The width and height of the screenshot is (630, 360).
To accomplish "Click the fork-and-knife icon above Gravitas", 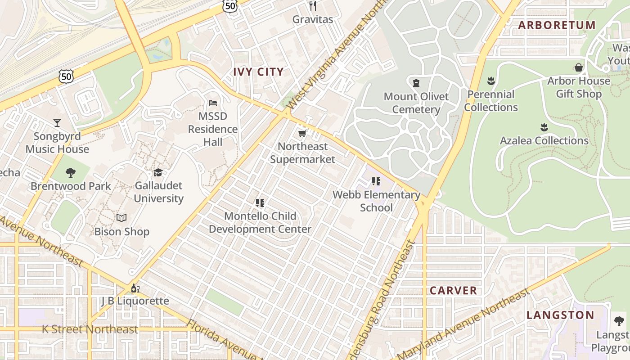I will click(x=313, y=6).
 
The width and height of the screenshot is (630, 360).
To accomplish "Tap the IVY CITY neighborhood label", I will click(x=258, y=72).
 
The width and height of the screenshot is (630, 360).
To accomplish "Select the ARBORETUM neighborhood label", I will click(x=557, y=25).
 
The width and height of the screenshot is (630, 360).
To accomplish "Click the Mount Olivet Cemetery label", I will click(x=416, y=103).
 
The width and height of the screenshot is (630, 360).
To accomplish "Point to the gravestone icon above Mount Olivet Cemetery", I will click(x=416, y=83).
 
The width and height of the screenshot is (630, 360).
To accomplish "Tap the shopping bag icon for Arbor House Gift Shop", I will click(x=579, y=67).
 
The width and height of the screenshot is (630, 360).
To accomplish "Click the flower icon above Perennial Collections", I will click(x=491, y=81).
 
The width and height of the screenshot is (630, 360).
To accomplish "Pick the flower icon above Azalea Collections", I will click(x=544, y=127).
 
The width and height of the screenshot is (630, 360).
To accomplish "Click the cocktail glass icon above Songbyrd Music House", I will click(x=57, y=123).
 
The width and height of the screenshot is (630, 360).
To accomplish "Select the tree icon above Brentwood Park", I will click(x=70, y=172).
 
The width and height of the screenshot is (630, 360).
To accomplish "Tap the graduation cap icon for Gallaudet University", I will click(x=158, y=172).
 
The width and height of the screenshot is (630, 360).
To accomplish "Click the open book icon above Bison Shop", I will click(x=121, y=218).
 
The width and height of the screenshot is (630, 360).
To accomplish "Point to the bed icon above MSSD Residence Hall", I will click(x=213, y=103).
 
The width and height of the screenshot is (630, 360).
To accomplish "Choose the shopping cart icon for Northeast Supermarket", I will click(x=302, y=133).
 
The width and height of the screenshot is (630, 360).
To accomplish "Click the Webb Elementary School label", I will click(x=376, y=201).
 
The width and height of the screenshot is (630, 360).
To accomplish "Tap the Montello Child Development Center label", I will click(x=260, y=222).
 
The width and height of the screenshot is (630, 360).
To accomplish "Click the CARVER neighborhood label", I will click(x=453, y=291).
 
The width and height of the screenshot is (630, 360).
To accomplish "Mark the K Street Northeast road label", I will click(x=90, y=329).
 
